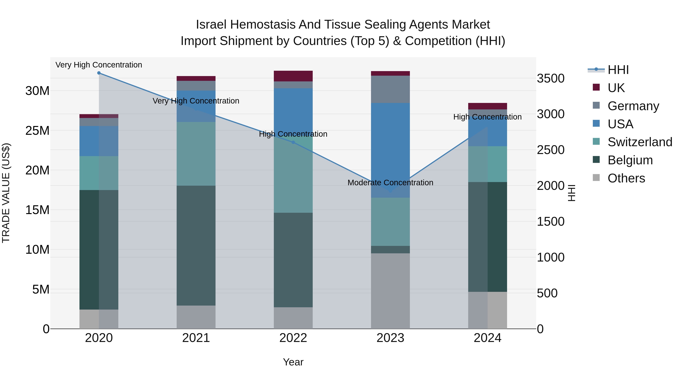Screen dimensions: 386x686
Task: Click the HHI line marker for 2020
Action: click(99, 73)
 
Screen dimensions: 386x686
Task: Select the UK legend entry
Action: click(616, 88)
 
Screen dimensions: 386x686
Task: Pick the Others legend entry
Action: click(626, 178)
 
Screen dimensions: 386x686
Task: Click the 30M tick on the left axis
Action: click(37, 91)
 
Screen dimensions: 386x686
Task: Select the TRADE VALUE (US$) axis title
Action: click(6, 193)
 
